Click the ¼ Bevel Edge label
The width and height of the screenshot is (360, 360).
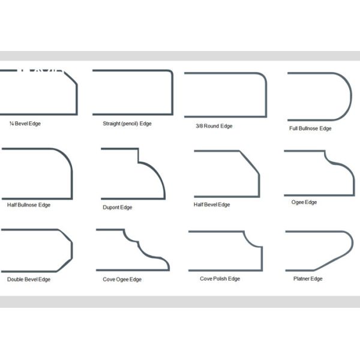point(25,124)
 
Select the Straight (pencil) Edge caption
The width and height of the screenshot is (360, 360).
point(127,124)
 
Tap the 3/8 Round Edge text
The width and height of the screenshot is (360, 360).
point(214,126)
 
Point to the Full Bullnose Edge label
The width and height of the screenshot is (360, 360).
point(310,128)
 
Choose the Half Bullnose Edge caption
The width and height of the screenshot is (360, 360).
point(29,205)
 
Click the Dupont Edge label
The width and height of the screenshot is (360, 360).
point(118,208)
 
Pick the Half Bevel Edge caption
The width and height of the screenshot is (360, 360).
point(211,205)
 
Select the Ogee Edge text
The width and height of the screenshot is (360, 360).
point(304,202)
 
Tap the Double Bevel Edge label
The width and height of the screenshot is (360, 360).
point(29,280)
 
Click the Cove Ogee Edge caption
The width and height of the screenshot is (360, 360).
point(122,280)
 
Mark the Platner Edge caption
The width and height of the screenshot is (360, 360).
point(308,279)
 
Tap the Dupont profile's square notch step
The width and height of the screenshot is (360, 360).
point(138,156)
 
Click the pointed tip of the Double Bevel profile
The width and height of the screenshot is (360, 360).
point(71,250)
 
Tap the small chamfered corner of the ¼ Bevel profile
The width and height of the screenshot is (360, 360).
point(71,78)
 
